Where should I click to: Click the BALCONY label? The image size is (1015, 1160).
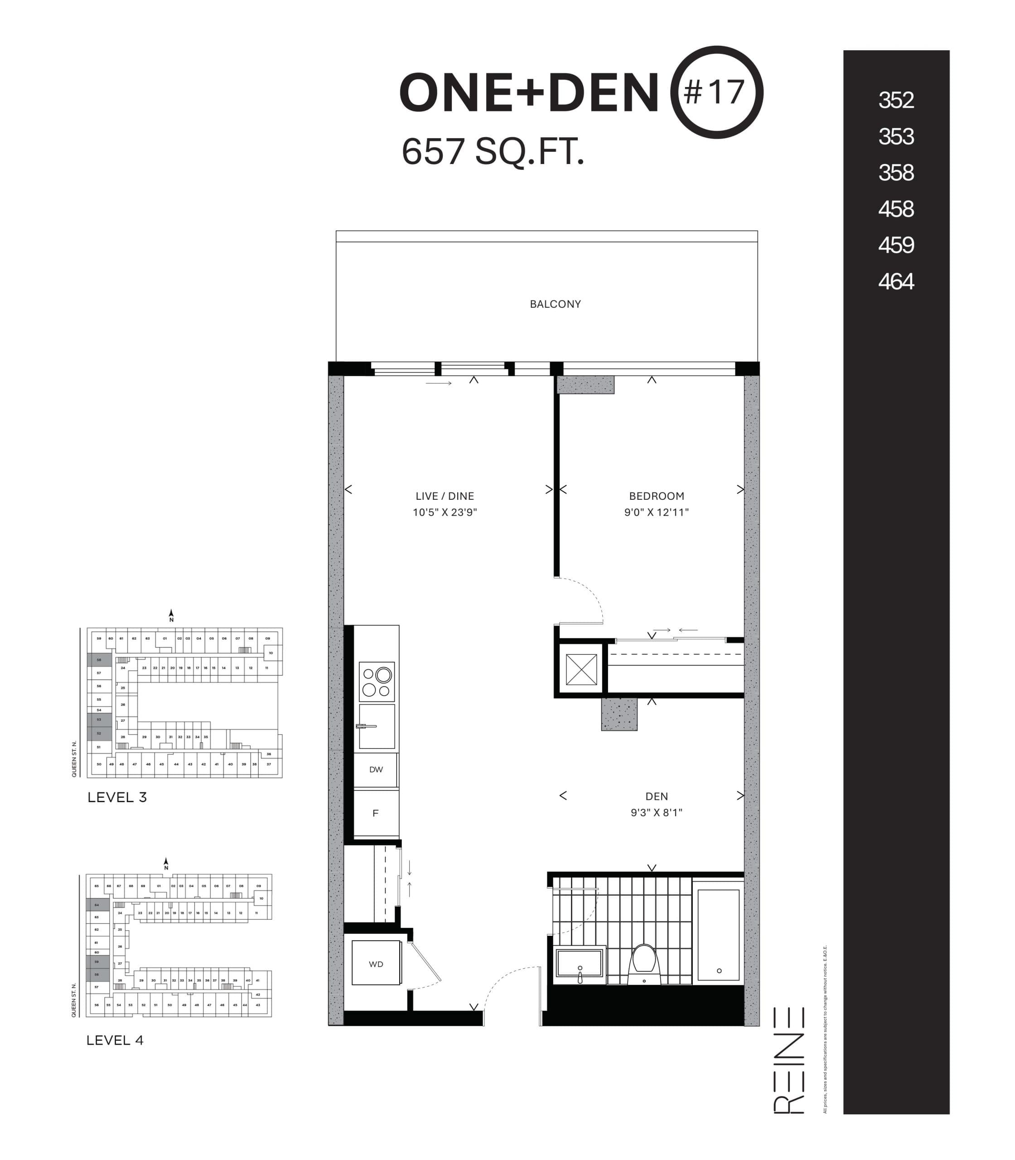click(555, 304)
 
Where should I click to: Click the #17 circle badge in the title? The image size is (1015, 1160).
click(716, 92)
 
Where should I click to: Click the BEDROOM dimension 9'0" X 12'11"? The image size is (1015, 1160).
click(657, 512)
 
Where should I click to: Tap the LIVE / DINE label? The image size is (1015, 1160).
click(445, 496)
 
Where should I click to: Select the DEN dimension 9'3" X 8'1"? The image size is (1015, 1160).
click(657, 812)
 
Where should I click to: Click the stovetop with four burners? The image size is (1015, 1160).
click(377, 682)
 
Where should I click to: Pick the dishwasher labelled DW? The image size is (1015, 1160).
click(376, 770)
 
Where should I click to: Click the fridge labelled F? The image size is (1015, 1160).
click(376, 813)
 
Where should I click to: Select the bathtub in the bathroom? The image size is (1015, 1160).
click(718, 934)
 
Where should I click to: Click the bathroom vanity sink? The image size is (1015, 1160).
click(580, 963)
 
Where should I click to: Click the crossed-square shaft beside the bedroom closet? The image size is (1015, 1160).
click(581, 670)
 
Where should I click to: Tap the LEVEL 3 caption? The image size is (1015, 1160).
click(117, 797)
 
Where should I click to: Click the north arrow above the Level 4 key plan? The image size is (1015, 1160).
click(166, 864)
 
